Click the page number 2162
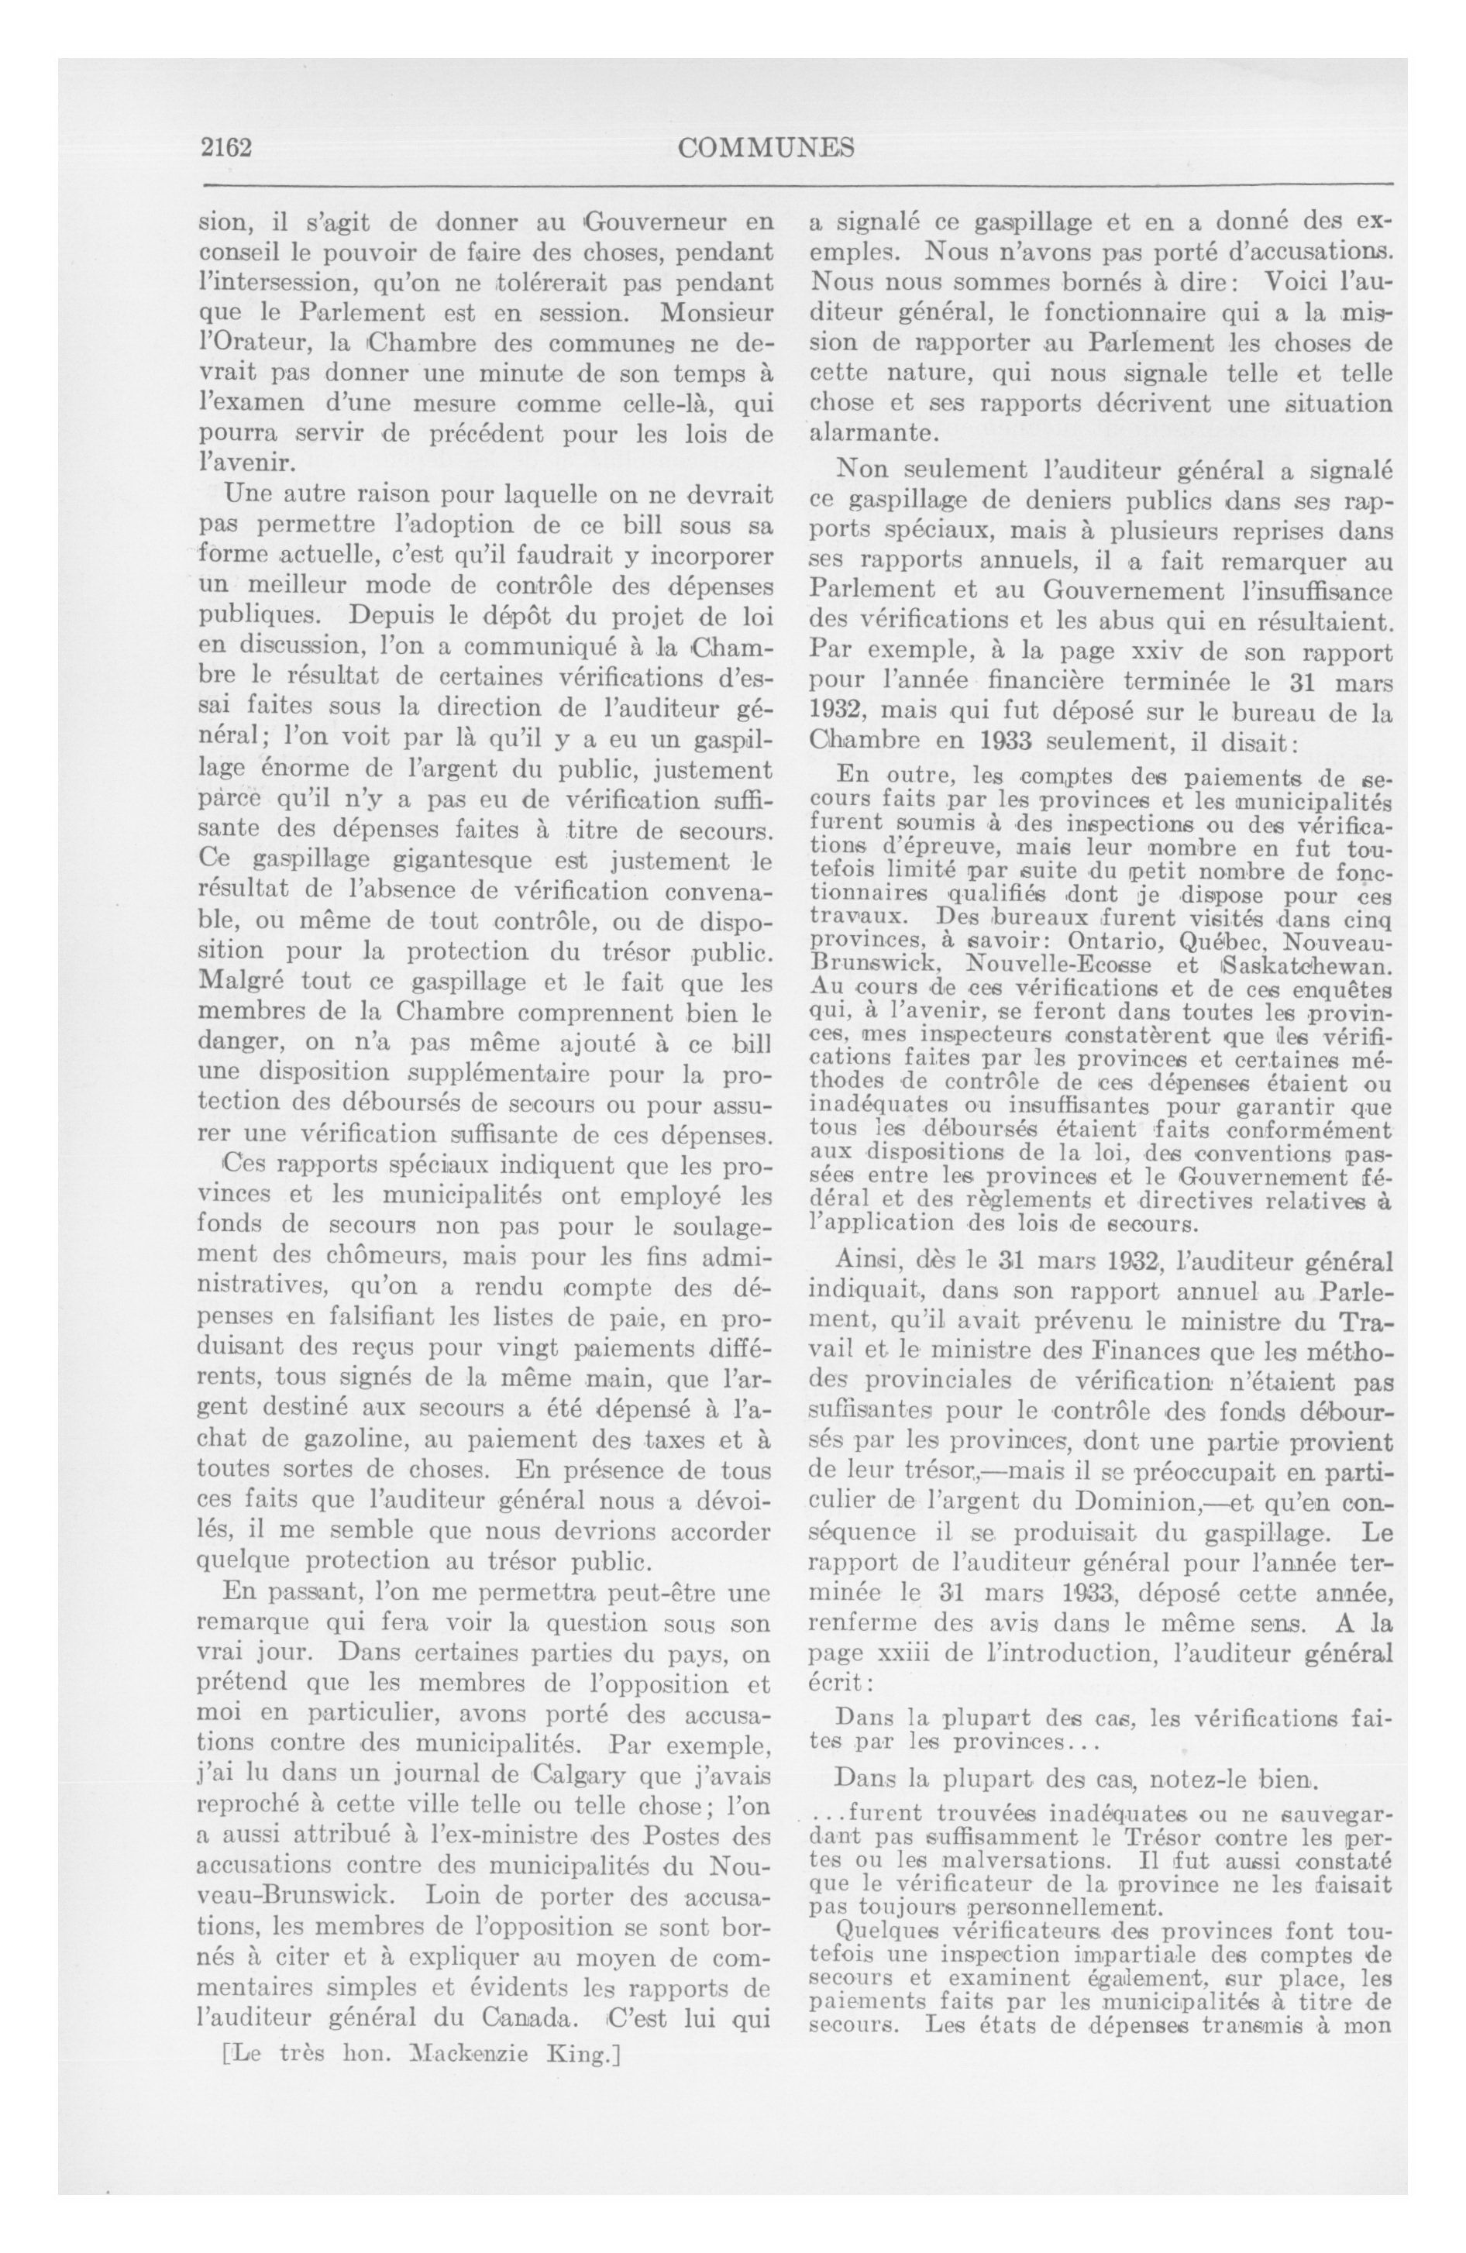coord(225,149)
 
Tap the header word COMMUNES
coord(767,148)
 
